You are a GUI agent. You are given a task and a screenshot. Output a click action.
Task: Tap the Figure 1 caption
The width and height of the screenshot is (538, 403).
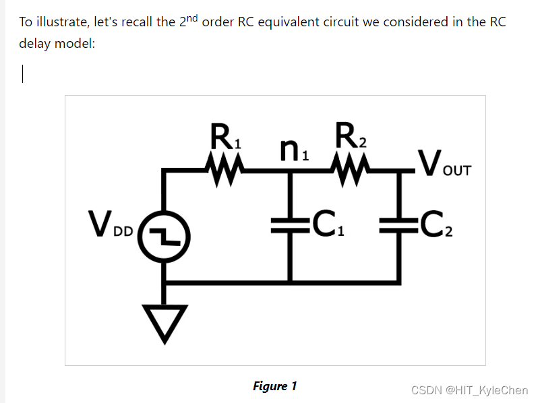[274, 386]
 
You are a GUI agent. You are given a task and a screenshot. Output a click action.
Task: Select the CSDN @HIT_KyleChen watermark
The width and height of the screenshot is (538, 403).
[469, 390]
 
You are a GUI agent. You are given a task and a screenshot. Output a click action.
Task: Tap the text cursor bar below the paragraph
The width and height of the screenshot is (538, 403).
[23, 73]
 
